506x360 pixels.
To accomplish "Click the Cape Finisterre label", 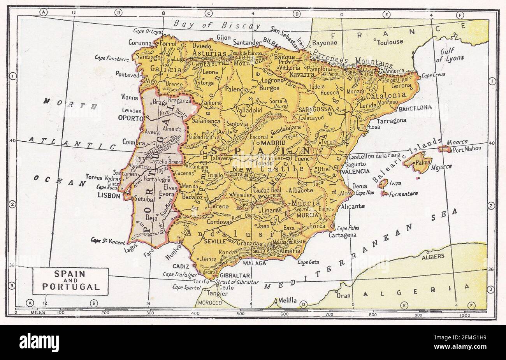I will pos(112,58).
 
